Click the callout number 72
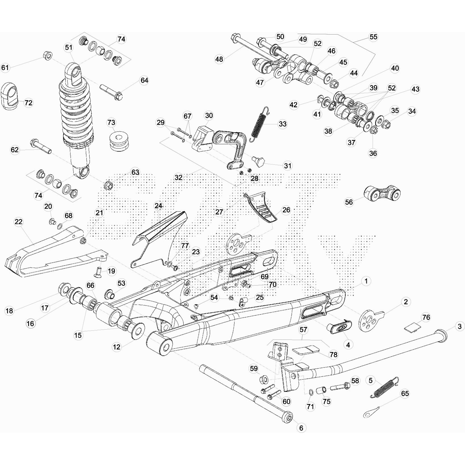(x=28, y=103)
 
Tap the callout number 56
(x=349, y=202)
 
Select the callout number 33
(x=282, y=124)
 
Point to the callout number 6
(x=301, y=428)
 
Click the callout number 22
(x=18, y=222)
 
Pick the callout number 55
(x=373, y=37)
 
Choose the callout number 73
(x=111, y=122)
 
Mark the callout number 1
(x=366, y=281)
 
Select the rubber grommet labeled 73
(x=119, y=142)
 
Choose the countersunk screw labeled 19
(x=98, y=271)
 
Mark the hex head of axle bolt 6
(x=289, y=418)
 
